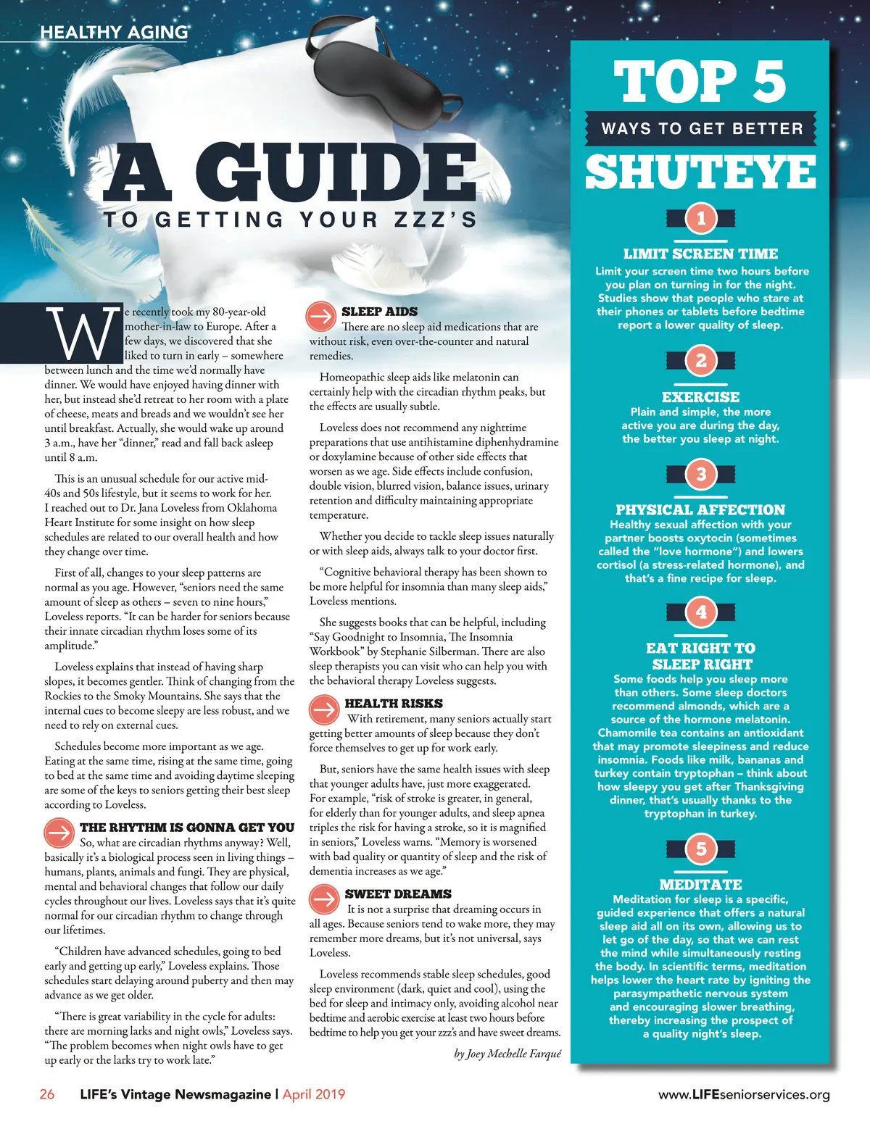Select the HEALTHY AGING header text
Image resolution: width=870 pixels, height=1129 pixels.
click(x=114, y=32)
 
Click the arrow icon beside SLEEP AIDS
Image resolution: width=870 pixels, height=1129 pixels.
click(x=321, y=315)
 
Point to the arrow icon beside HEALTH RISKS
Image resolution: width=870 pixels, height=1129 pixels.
click(x=324, y=709)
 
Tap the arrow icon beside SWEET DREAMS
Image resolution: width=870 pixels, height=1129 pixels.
click(x=324, y=899)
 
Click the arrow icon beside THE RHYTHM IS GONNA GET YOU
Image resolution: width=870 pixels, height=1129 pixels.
click(x=59, y=832)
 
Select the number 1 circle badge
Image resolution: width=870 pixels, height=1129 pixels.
click(x=700, y=219)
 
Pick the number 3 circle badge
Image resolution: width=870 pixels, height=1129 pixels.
click(x=700, y=475)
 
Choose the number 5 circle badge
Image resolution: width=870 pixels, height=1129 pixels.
click(x=700, y=849)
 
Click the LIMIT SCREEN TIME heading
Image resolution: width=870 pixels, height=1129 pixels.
click(x=700, y=254)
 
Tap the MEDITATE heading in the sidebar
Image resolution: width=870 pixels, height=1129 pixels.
click(x=700, y=884)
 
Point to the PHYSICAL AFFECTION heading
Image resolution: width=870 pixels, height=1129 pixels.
click(x=700, y=509)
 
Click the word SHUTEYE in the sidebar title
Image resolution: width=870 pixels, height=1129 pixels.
click(x=700, y=172)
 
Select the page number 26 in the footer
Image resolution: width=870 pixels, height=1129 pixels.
click(x=47, y=1094)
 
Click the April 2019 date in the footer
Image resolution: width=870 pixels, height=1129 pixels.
click(x=314, y=1094)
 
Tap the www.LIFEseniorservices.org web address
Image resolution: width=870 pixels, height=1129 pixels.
click(x=744, y=1094)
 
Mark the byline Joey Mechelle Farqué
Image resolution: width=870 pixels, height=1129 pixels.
click(x=507, y=1054)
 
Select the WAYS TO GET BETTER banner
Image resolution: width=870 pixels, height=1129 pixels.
click(x=702, y=129)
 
